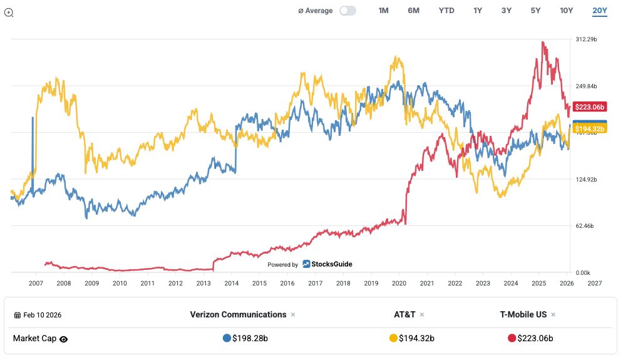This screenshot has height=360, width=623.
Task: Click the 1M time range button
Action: (383, 11)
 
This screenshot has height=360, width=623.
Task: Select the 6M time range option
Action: (413, 11)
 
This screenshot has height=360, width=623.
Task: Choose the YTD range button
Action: (446, 11)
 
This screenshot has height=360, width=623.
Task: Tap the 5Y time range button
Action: (535, 11)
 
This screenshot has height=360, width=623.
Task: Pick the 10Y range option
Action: (566, 11)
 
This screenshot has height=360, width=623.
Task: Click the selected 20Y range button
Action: (599, 11)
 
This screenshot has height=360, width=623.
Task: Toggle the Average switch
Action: (348, 11)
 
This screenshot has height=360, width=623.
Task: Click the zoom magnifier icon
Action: (9, 12)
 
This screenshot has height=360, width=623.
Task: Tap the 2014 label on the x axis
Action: (231, 283)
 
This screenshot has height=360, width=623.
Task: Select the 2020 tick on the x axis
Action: (399, 283)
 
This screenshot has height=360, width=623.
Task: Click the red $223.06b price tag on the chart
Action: (589, 106)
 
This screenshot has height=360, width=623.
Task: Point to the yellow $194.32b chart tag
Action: (589, 129)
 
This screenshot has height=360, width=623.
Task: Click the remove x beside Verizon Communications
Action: (292, 315)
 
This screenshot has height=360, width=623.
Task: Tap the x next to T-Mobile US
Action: (553, 315)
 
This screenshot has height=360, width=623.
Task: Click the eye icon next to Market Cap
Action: (63, 339)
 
